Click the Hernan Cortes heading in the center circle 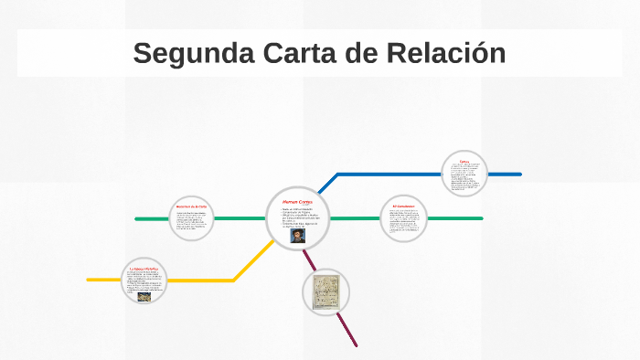tap(298, 200)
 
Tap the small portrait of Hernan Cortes tap(298, 235)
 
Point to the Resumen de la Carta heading tap(192, 207)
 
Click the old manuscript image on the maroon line tap(325, 292)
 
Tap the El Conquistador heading tap(404, 206)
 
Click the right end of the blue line tap(519, 174)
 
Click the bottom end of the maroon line tap(355, 345)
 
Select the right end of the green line tap(481, 218)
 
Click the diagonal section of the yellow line tap(252, 261)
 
